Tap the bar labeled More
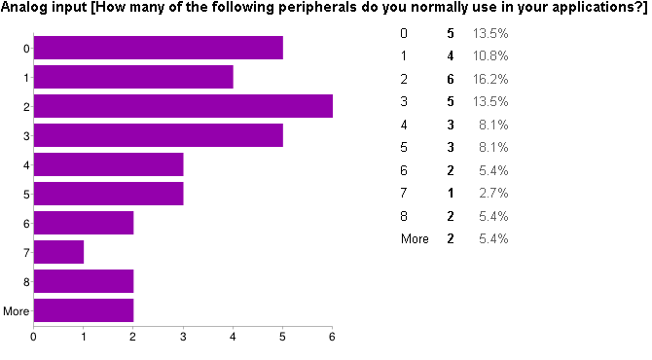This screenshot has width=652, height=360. [84, 310]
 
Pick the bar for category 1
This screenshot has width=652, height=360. [133, 77]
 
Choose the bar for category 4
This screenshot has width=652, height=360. [108, 164]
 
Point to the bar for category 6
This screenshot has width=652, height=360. [84, 223]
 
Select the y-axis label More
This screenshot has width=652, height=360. [17, 311]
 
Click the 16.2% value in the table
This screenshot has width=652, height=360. [490, 79]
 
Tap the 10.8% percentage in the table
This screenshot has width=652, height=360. [490, 56]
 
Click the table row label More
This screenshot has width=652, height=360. [415, 238]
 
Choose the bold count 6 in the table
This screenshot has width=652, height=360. [450, 79]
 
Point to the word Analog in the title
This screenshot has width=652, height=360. [25, 8]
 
